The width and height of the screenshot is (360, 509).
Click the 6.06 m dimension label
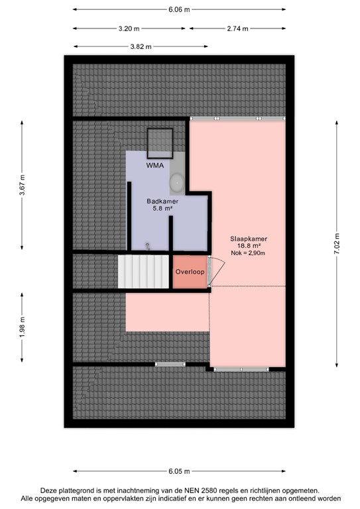click(178, 9)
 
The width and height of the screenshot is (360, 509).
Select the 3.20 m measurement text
click(129, 28)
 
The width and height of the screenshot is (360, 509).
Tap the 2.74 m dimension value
click(237, 28)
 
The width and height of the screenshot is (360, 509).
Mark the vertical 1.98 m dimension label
click(22, 328)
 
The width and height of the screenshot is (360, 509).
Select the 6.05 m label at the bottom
click(180, 471)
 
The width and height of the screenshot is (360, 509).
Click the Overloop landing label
click(190, 272)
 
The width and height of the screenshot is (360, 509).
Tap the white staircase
click(144, 272)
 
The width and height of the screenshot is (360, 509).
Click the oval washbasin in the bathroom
click(178, 182)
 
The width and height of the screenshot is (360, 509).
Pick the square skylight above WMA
click(159, 141)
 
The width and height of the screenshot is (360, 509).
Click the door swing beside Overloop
click(217, 270)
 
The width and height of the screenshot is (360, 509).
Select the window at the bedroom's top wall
click(237, 118)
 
